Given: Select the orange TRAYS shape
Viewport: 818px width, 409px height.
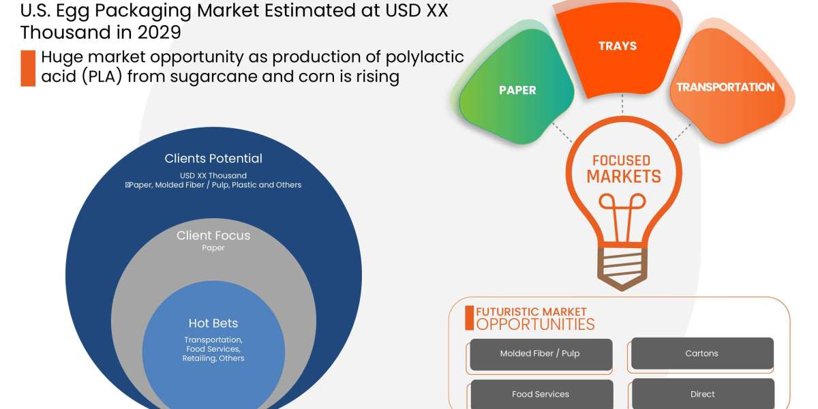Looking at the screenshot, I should point(617,46).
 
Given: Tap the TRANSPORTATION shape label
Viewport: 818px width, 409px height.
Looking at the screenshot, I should point(725,87).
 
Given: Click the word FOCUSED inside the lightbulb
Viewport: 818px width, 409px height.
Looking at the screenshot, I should point(621,161).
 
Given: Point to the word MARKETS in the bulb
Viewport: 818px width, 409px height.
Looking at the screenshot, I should point(624,177).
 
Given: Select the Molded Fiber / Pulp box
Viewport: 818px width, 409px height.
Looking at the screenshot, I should point(540,354).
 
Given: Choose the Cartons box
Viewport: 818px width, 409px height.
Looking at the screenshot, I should point(701,353).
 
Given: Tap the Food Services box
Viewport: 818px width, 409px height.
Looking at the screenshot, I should point(540,394).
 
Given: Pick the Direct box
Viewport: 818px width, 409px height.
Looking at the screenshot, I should point(702,394).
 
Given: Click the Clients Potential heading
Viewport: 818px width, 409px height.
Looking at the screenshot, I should point(213,159).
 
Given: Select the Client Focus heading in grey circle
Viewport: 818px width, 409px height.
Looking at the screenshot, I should point(213,236).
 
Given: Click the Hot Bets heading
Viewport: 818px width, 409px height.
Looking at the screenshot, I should point(213,323).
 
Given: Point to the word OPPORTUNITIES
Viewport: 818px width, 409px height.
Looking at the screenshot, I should point(535,324).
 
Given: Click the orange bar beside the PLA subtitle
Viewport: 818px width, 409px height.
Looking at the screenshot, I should point(28,68).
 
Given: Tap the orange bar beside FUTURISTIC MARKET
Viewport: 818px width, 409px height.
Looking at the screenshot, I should point(469,318).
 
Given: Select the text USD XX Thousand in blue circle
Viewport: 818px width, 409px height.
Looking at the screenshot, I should point(213,175).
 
